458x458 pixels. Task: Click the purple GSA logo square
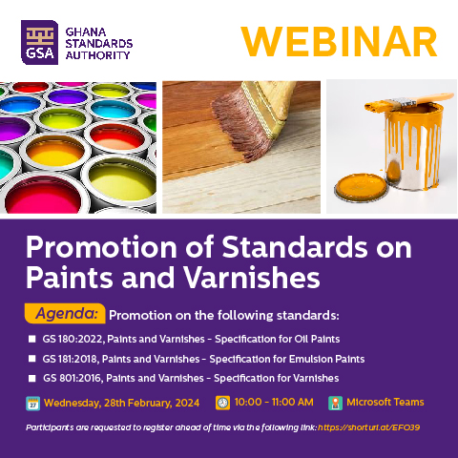[39, 42]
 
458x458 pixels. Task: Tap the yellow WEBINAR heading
[339, 42]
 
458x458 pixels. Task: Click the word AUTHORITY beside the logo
[97, 55]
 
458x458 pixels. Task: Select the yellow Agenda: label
[65, 314]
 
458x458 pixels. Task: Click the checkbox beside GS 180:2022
[31, 339]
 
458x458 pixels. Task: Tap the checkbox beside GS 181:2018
[31, 359]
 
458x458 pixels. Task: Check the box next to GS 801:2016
[31, 378]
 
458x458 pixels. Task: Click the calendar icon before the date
[33, 404]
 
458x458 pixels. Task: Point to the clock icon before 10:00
[222, 403]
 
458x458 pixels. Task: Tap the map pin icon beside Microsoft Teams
[335, 403]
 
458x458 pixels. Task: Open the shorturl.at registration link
[368, 427]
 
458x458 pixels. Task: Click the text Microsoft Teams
[385, 402]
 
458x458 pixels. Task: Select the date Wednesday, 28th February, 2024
[122, 403]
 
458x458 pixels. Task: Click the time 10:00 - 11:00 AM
[274, 402]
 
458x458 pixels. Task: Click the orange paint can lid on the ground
[361, 188]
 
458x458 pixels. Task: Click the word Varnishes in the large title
[252, 276]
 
